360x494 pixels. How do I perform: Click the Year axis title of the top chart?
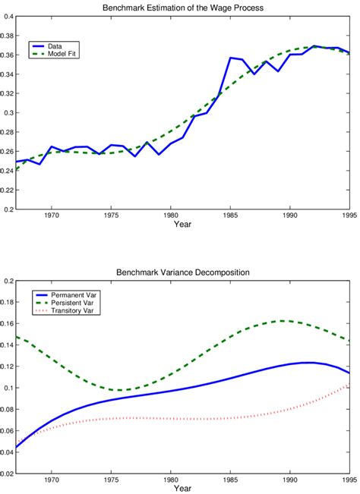click(182, 225)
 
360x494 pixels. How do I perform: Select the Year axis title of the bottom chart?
click(182, 489)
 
